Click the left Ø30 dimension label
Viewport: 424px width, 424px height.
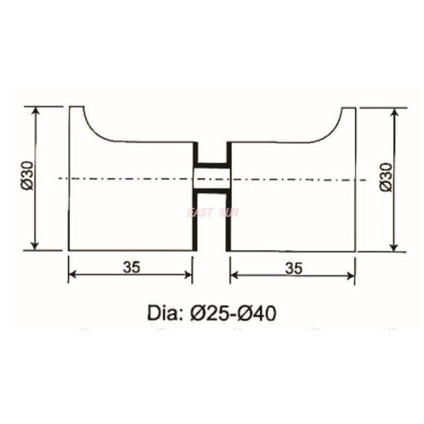click(x=28, y=177)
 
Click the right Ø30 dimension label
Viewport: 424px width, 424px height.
click(x=386, y=177)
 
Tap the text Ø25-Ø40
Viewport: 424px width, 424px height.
click(x=233, y=313)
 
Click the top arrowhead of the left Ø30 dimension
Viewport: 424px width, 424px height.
click(x=36, y=110)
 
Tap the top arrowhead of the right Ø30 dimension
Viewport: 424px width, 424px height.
click(x=394, y=112)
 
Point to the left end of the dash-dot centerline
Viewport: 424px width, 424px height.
click(x=60, y=178)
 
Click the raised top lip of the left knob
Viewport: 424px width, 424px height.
click(x=77, y=108)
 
